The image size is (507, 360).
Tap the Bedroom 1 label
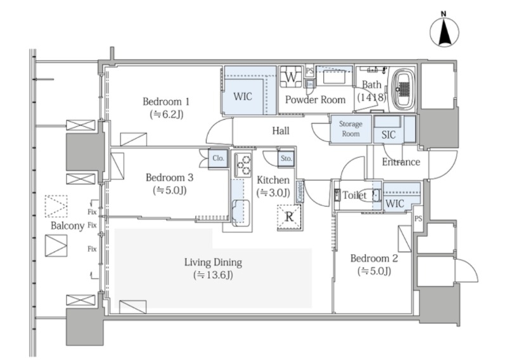[x=166, y=101]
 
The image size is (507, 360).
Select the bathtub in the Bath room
[x=402, y=89]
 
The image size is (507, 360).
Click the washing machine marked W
[x=291, y=77]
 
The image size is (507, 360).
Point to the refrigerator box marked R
[x=290, y=217]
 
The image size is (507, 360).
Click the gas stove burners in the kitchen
[x=243, y=165]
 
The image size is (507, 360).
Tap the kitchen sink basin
[x=241, y=212]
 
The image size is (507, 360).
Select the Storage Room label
[x=351, y=129]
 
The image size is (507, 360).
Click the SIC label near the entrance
[x=388, y=135]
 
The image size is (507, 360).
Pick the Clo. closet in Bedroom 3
[x=218, y=158]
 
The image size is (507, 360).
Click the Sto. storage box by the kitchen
[x=286, y=158]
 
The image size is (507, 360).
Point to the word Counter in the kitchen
[x=299, y=192]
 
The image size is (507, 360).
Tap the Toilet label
[x=354, y=195]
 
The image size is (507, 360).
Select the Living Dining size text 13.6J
[x=213, y=275]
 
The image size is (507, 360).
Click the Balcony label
[x=68, y=226]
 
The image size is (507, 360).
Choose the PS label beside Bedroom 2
[x=418, y=219]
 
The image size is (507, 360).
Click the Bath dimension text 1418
[x=371, y=97]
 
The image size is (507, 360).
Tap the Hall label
[x=281, y=131]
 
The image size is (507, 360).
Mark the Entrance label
[x=401, y=162]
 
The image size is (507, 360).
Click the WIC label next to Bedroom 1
[x=243, y=96]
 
